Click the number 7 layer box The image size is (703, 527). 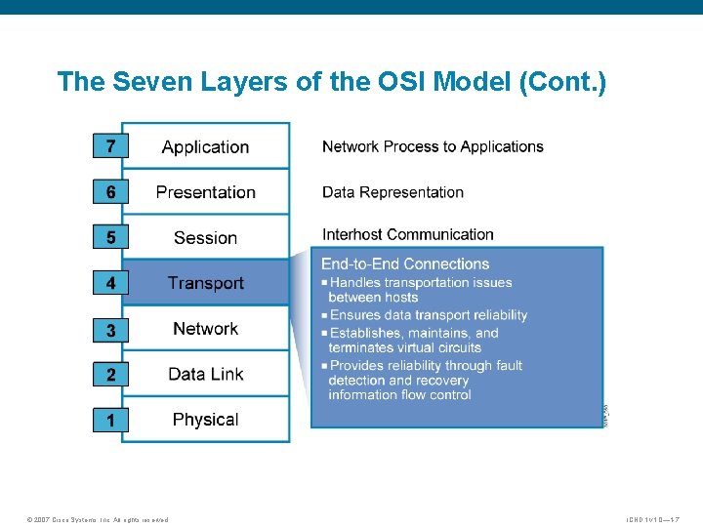click(110, 146)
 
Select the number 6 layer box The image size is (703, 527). click(110, 192)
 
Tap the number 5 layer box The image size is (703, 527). click(110, 237)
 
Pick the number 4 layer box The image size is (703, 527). click(110, 283)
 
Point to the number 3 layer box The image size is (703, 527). click(110, 330)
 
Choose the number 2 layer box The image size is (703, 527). click(110, 375)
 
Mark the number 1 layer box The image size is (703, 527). click(110, 421)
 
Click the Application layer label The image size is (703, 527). click(205, 147)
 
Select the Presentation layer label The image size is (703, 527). click(205, 192)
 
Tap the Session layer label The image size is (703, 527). click(205, 238)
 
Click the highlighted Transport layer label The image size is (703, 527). click(205, 283)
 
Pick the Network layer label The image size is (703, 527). click(205, 329)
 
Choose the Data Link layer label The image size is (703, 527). click(205, 374)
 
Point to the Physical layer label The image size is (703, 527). click(205, 420)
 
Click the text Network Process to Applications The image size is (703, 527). click(433, 146)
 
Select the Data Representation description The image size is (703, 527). click(393, 192)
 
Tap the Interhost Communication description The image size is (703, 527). click(408, 234)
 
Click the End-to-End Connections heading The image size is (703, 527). click(405, 263)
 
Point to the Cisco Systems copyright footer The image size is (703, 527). click(98, 519)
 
